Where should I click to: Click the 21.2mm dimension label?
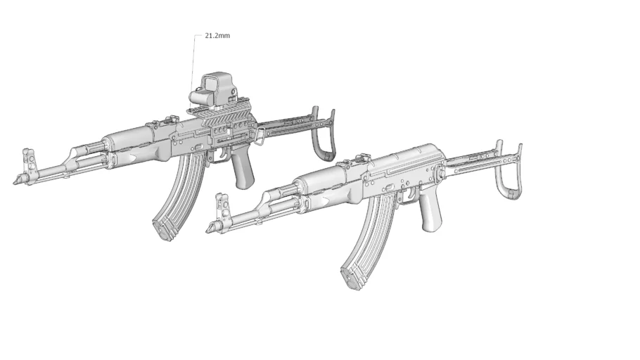tap(217, 36)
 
